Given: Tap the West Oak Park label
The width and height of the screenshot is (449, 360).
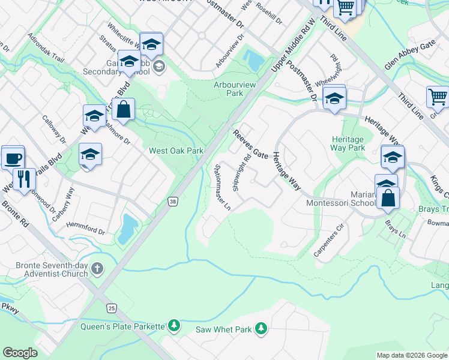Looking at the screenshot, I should point(176,150).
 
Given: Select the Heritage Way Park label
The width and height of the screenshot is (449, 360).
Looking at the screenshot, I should point(348,143).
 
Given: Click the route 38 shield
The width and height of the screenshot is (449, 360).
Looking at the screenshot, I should point(173,202).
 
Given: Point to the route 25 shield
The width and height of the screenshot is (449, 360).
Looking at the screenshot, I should point(112,308).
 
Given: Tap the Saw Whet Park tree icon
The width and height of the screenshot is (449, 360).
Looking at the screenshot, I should point(261,328).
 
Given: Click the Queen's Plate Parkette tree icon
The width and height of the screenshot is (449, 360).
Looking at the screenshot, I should point(174,326).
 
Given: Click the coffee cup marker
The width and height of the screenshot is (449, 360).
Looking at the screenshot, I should point(13,158).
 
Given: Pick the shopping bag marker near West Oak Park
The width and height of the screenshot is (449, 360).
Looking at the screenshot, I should point(123,110).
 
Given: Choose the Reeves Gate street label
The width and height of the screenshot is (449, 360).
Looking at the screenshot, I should point(251,145).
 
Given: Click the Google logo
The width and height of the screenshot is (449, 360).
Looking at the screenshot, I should point(20,353).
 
